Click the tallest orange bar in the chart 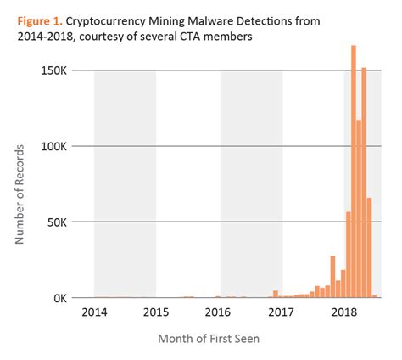(x=353, y=170)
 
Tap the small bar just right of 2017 (x=276, y=294)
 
